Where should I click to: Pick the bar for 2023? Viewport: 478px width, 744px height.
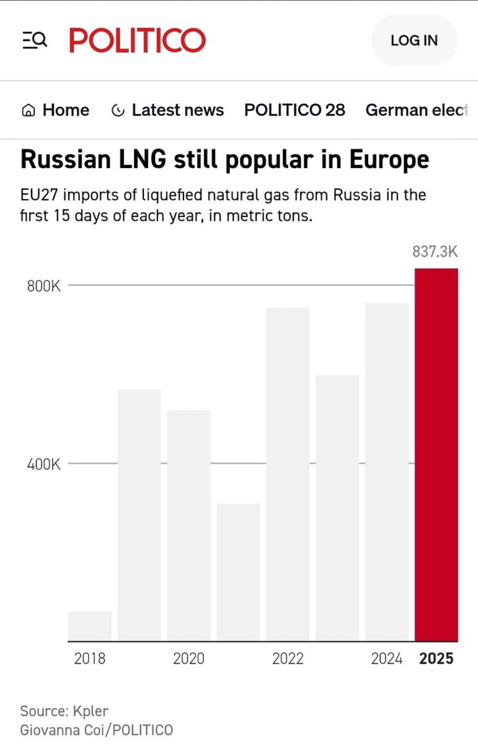[337, 507]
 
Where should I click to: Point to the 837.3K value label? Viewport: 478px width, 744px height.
[434, 251]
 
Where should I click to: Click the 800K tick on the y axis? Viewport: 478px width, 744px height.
[44, 286]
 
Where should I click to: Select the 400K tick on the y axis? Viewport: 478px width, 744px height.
[44, 464]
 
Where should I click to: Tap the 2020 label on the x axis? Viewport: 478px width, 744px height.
[189, 658]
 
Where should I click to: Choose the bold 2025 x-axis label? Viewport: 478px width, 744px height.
[436, 658]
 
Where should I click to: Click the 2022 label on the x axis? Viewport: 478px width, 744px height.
[288, 658]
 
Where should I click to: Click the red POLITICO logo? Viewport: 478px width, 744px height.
[137, 40]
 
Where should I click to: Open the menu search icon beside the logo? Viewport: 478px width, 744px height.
[35, 40]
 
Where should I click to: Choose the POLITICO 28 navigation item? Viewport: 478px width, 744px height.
[295, 110]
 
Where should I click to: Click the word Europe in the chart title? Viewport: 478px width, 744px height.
[389, 160]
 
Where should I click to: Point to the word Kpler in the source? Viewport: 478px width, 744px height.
[90, 711]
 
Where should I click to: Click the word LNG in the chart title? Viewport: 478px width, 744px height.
[142, 159]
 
